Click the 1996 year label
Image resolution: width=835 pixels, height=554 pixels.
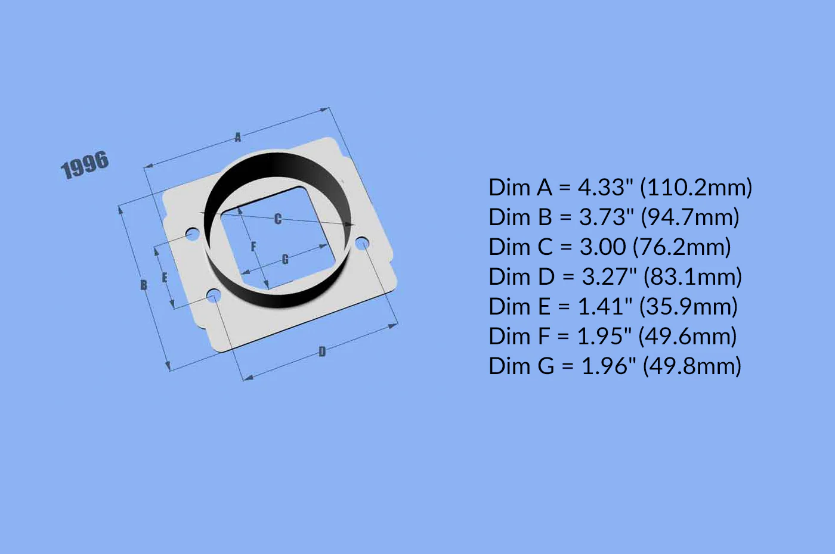[85, 165]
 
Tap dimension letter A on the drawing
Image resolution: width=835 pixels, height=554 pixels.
[238, 137]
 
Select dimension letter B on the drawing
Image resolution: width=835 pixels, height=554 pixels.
[144, 285]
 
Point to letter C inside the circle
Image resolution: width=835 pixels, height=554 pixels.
[278, 219]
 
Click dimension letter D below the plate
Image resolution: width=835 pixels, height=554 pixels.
[322, 351]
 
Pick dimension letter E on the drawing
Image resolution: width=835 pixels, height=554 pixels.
[165, 278]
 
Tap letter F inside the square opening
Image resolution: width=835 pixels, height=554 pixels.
[253, 246]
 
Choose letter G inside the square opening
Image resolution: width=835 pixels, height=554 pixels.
[285, 259]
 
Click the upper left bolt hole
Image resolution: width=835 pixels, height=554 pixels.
[192, 234]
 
